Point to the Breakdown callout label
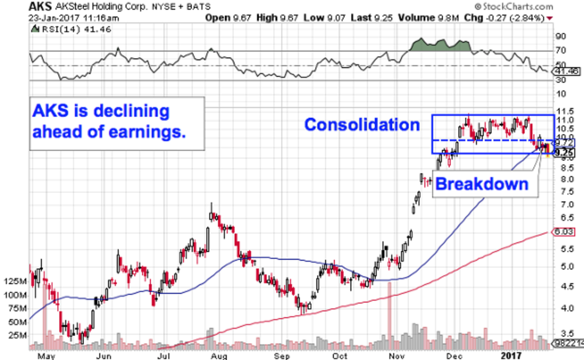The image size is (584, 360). [x=481, y=184]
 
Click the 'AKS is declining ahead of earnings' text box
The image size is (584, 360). [x=117, y=123]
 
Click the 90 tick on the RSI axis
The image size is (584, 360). [x=561, y=36]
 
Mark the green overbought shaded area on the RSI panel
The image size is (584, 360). [x=440, y=45]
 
